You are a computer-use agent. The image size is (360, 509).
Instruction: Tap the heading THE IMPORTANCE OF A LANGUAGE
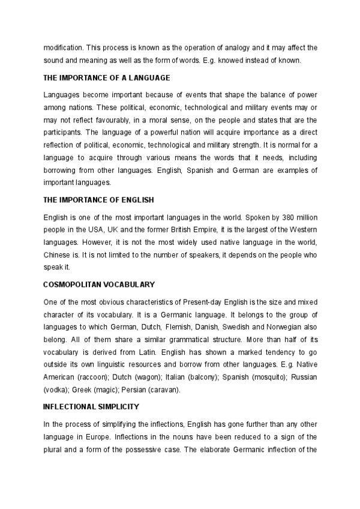(107, 78)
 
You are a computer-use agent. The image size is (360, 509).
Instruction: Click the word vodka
(55, 390)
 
